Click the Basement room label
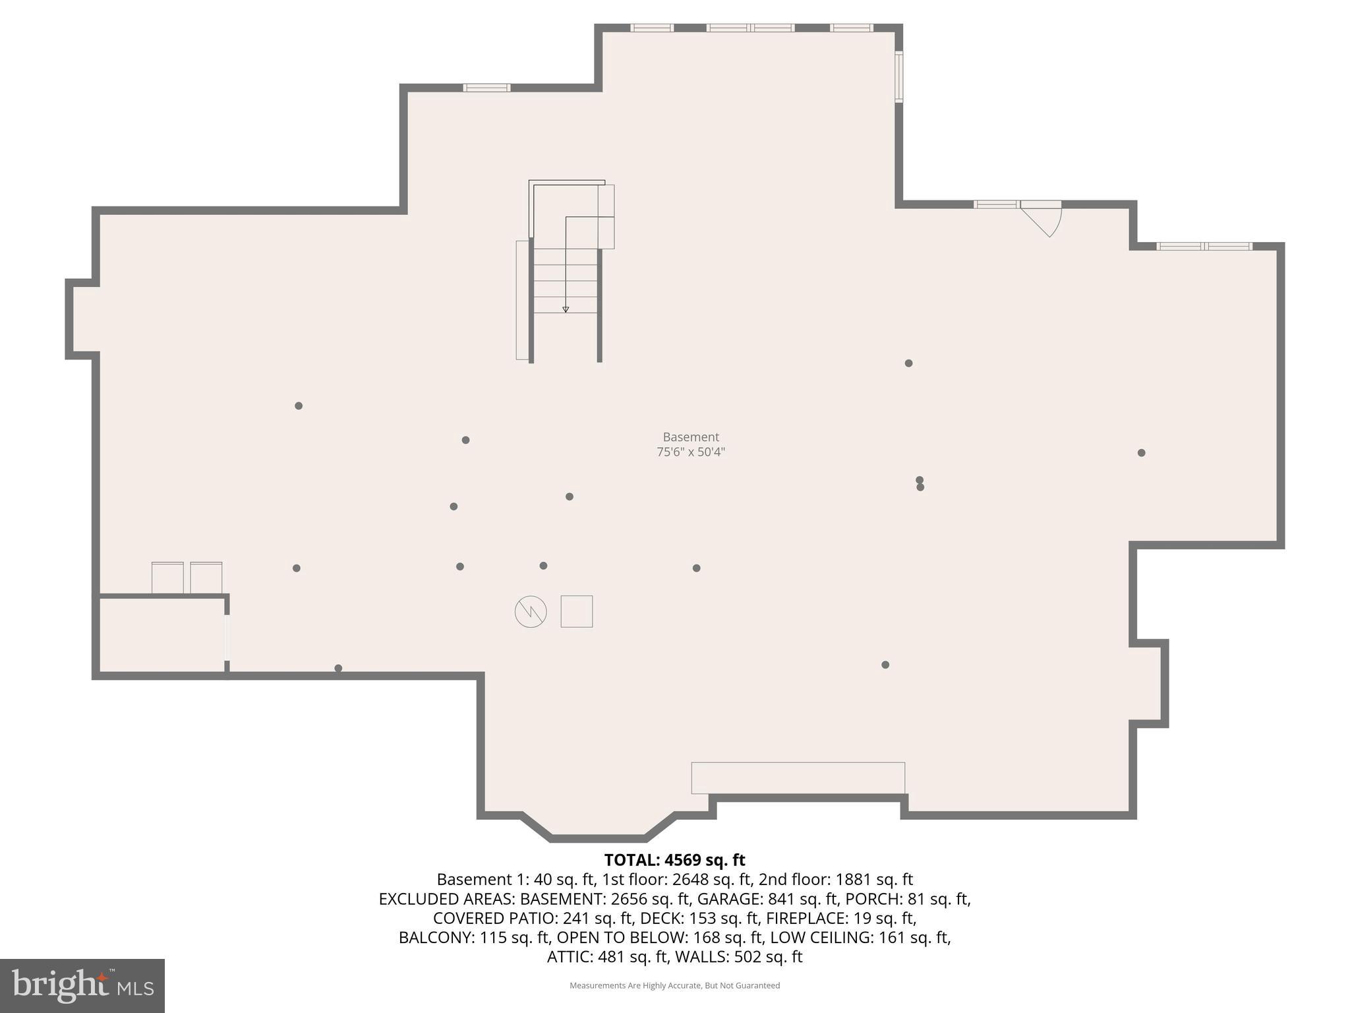click(x=690, y=437)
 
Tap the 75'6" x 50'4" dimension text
click(x=690, y=452)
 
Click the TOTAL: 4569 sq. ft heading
click(x=674, y=860)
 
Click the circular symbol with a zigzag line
click(x=531, y=612)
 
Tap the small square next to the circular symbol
click(x=576, y=611)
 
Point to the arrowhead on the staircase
click(x=566, y=309)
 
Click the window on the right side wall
click(x=898, y=77)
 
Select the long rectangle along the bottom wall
click(x=798, y=778)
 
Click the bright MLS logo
click(x=82, y=985)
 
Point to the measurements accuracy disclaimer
click(x=674, y=985)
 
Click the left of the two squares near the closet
click(x=167, y=578)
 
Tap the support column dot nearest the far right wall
click(x=1141, y=452)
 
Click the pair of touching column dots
click(x=920, y=483)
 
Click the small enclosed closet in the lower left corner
click(x=161, y=634)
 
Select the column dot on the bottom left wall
click(x=338, y=668)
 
